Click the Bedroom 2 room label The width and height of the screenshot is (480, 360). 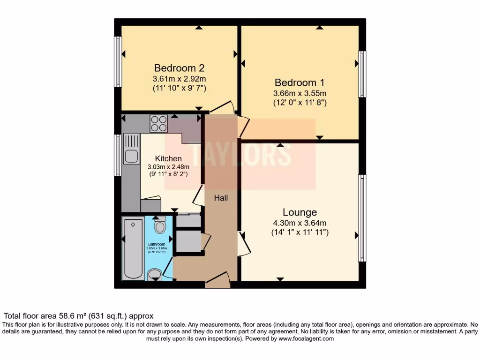[179, 67]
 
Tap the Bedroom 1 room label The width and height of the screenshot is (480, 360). [300, 82]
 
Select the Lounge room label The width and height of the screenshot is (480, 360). [300, 212]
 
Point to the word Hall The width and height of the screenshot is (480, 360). [221, 198]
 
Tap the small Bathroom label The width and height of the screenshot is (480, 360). [157, 244]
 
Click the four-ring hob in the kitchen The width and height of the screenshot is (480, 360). [159, 123]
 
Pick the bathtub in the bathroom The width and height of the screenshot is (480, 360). [133, 248]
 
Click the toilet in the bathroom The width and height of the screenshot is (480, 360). [160, 225]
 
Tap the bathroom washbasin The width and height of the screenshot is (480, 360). [154, 275]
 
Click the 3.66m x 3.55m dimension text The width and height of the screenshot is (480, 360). [300, 92]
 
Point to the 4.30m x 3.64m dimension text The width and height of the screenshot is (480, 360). [300, 223]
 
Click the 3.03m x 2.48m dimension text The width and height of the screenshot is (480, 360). [168, 167]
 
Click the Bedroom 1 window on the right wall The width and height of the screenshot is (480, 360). [362, 74]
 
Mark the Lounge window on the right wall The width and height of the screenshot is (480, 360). [362, 218]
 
